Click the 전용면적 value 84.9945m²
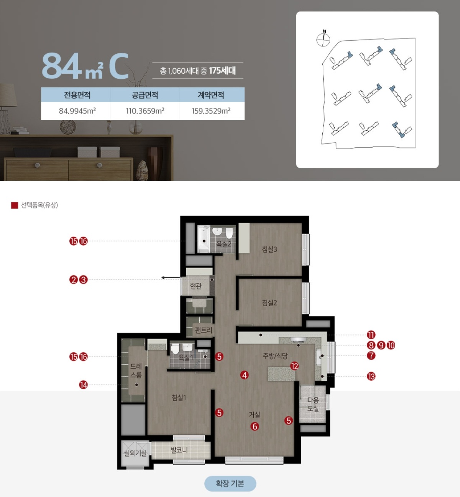[x=77, y=111]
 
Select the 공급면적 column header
[x=145, y=95]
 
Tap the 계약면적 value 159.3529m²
[x=211, y=111]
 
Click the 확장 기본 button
[x=230, y=483]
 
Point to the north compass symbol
[x=323, y=39]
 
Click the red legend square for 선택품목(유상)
[x=15, y=205]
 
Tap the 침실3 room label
[x=269, y=249]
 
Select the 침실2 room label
[x=269, y=303]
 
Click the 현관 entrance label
[x=196, y=286]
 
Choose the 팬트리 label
[x=204, y=330]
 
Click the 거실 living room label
[x=255, y=414]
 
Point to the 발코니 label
[x=179, y=450]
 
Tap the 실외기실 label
[x=135, y=453]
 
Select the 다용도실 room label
[x=313, y=404]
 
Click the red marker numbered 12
[x=294, y=366]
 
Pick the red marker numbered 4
[x=244, y=375]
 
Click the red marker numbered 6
[x=255, y=426]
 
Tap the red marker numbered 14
[x=83, y=385]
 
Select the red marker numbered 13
[x=371, y=376]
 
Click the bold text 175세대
[x=222, y=71]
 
